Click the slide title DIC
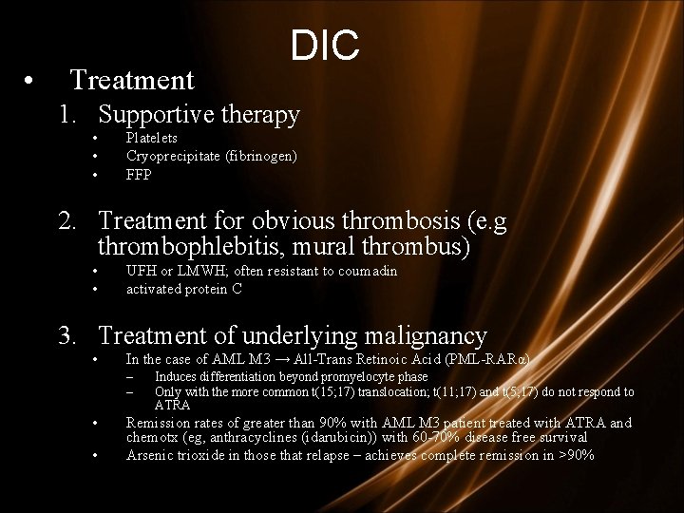[325, 46]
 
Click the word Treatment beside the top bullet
[132, 79]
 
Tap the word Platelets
[152, 139]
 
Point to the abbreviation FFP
[139, 175]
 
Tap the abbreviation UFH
[142, 272]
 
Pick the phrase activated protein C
[183, 289]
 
